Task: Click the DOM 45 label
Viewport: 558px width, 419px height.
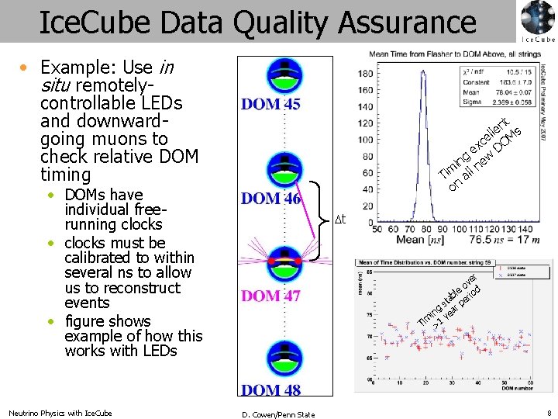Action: pos(271,104)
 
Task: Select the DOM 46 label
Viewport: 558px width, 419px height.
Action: pos(271,199)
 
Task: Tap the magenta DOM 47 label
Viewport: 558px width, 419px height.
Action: pos(271,296)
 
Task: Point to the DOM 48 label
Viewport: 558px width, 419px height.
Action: pos(271,390)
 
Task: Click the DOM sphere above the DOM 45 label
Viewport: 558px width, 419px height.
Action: pos(284,74)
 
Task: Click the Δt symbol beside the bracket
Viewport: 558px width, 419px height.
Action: pos(339,220)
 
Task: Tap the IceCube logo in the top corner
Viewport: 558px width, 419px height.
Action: pos(537,21)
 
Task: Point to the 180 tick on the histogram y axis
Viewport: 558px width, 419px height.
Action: pos(365,74)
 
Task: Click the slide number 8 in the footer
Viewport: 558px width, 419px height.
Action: pos(549,414)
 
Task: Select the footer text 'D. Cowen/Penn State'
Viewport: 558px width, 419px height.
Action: pos(278,414)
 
